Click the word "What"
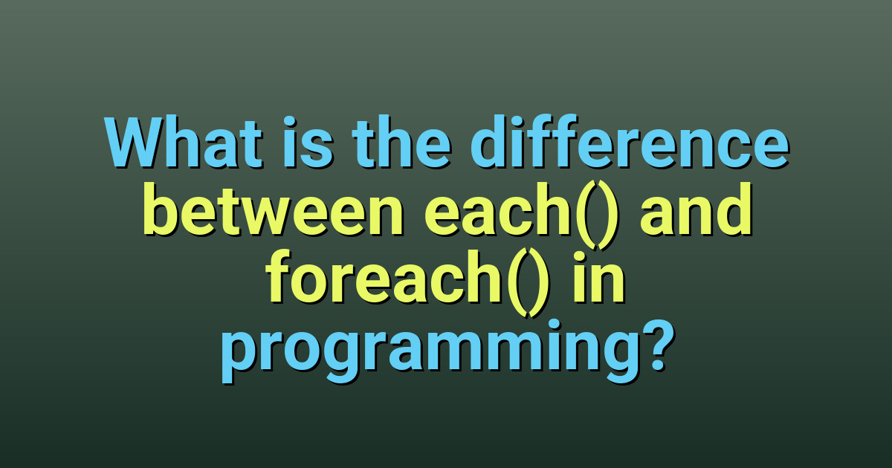(184, 142)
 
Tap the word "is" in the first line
(308, 142)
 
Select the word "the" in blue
(401, 142)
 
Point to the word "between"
(274, 209)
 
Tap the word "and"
(696, 209)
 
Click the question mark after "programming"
(656, 346)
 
